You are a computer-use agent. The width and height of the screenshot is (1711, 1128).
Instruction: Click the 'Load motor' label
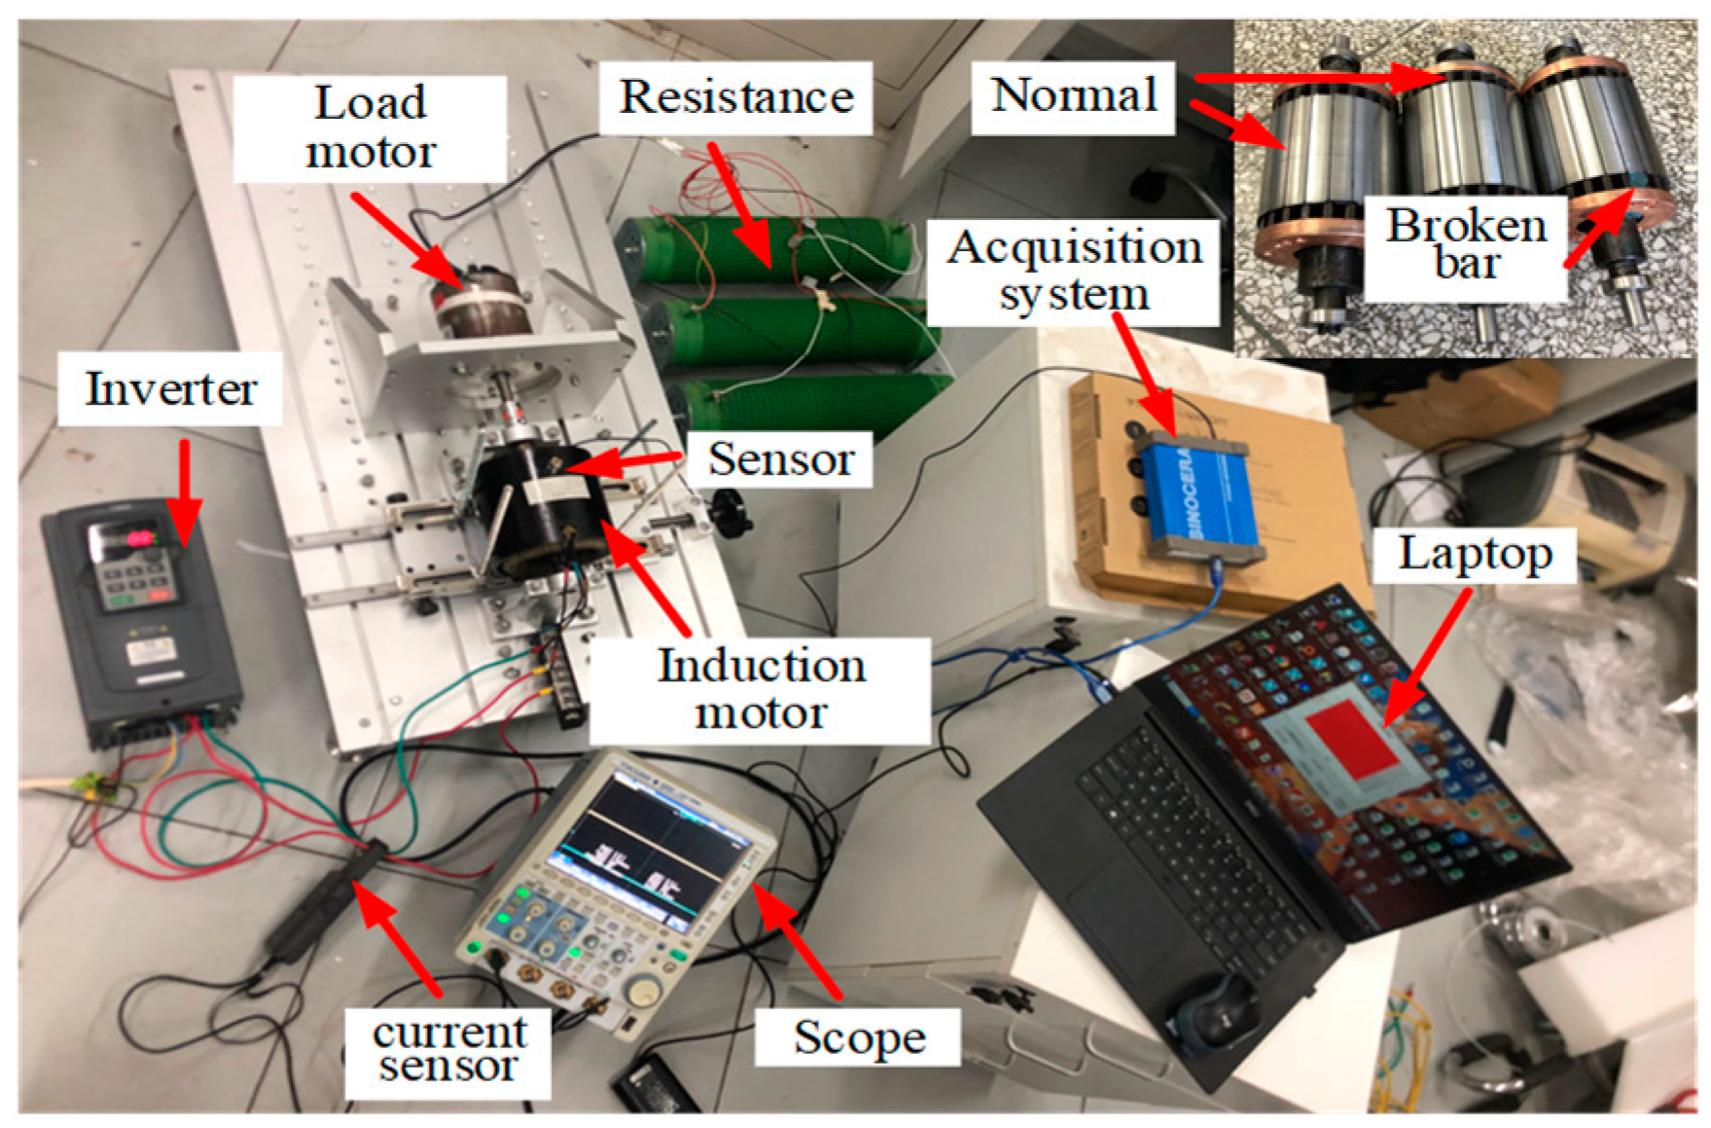click(x=370, y=127)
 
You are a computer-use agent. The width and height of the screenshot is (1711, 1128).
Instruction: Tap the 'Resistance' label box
click(x=735, y=97)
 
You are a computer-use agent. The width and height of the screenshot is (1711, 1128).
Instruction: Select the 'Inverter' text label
click(x=170, y=389)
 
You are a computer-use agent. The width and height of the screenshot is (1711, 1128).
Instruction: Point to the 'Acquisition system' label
click(x=1074, y=271)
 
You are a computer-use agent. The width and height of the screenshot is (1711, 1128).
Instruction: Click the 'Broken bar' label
click(x=1466, y=245)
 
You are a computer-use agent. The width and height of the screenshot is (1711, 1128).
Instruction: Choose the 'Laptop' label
click(x=1475, y=555)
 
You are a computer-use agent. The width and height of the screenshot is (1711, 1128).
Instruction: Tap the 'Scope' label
click(x=859, y=1037)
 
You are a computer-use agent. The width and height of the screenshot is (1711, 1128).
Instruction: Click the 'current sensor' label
click(x=448, y=1049)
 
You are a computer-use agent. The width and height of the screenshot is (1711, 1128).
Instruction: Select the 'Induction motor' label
click(x=761, y=690)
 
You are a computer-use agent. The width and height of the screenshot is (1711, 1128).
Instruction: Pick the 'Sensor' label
click(x=780, y=459)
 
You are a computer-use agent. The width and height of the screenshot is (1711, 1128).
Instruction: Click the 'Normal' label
click(x=1073, y=96)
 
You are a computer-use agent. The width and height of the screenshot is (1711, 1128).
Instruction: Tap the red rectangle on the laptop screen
click(x=1351, y=744)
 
